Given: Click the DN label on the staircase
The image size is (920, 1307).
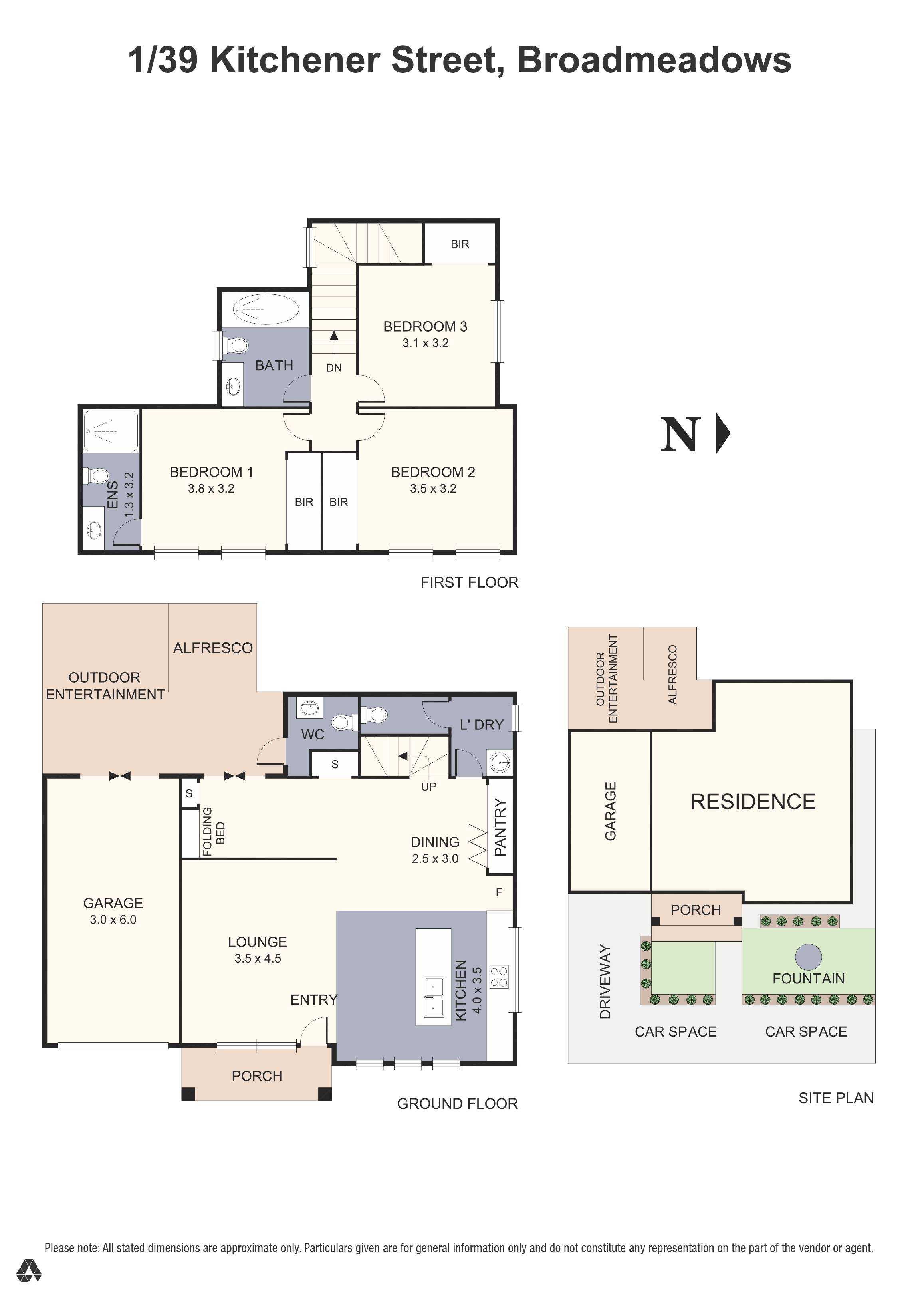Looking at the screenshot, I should pos(334,368).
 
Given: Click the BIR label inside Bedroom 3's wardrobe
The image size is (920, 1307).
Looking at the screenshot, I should pos(460,244).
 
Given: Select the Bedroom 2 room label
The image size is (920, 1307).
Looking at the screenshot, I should pos(433,472).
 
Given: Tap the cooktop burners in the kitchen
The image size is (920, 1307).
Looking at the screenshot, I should pos(499,977).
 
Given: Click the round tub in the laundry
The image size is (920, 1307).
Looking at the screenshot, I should pos(500,762).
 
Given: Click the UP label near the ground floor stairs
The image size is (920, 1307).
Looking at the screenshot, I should pos(428,787).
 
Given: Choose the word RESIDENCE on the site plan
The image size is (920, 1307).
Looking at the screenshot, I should pos(752,802).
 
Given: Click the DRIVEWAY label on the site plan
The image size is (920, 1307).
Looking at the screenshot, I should pos(605,981).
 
